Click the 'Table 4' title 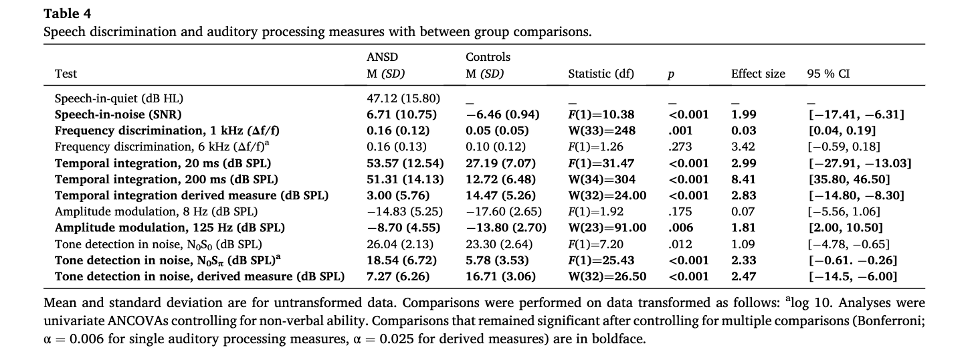[x=68, y=13]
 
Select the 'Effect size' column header [x=758, y=74]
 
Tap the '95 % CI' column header [x=828, y=74]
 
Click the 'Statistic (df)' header [x=601, y=74]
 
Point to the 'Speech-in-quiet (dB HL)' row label [x=118, y=98]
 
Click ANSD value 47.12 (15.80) [x=403, y=98]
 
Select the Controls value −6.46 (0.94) [x=502, y=114]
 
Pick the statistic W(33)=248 [x=602, y=130]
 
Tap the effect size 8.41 [x=744, y=179]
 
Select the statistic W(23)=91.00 [x=607, y=228]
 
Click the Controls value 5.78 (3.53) [x=497, y=260]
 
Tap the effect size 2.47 [x=744, y=276]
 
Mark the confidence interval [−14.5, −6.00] [x=853, y=276]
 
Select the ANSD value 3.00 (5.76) [x=398, y=195]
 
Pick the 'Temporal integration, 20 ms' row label [x=163, y=163]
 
